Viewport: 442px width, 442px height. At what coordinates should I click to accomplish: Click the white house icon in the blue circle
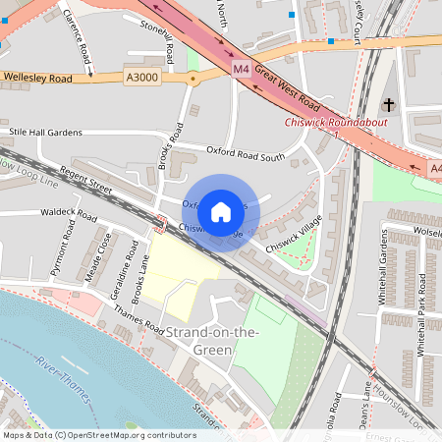[x=221, y=211]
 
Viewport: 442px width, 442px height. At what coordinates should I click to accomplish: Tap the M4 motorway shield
[x=242, y=68]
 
